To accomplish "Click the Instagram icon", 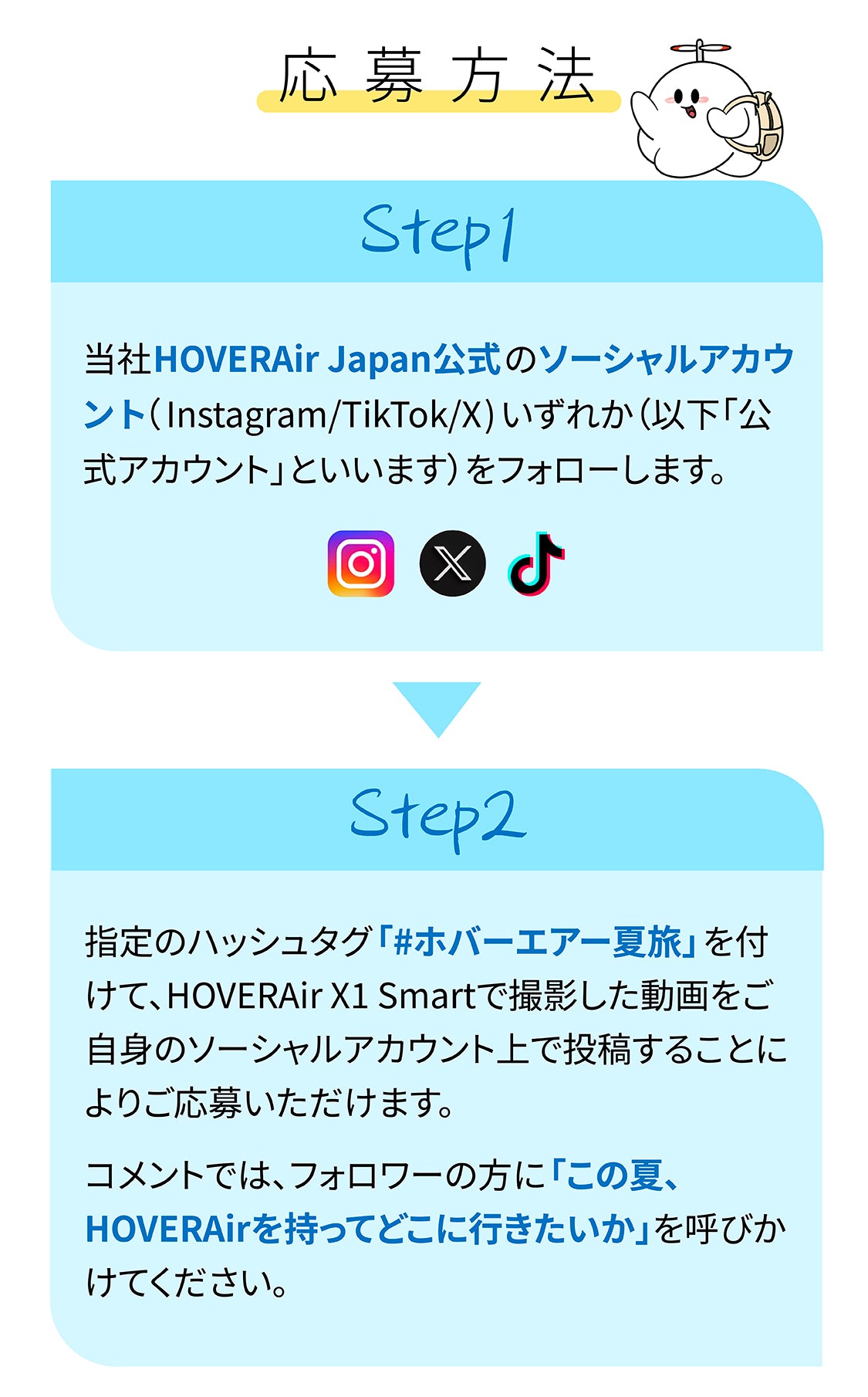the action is click(360, 563).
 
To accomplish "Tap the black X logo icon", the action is click(453, 563).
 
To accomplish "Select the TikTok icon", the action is click(537, 563).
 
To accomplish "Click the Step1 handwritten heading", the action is click(437, 234).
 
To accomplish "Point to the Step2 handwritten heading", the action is click(437, 818).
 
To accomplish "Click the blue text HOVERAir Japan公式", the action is click(327, 360).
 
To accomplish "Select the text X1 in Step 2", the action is click(349, 996).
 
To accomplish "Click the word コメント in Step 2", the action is click(144, 1175).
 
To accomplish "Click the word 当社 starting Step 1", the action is click(118, 360).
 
